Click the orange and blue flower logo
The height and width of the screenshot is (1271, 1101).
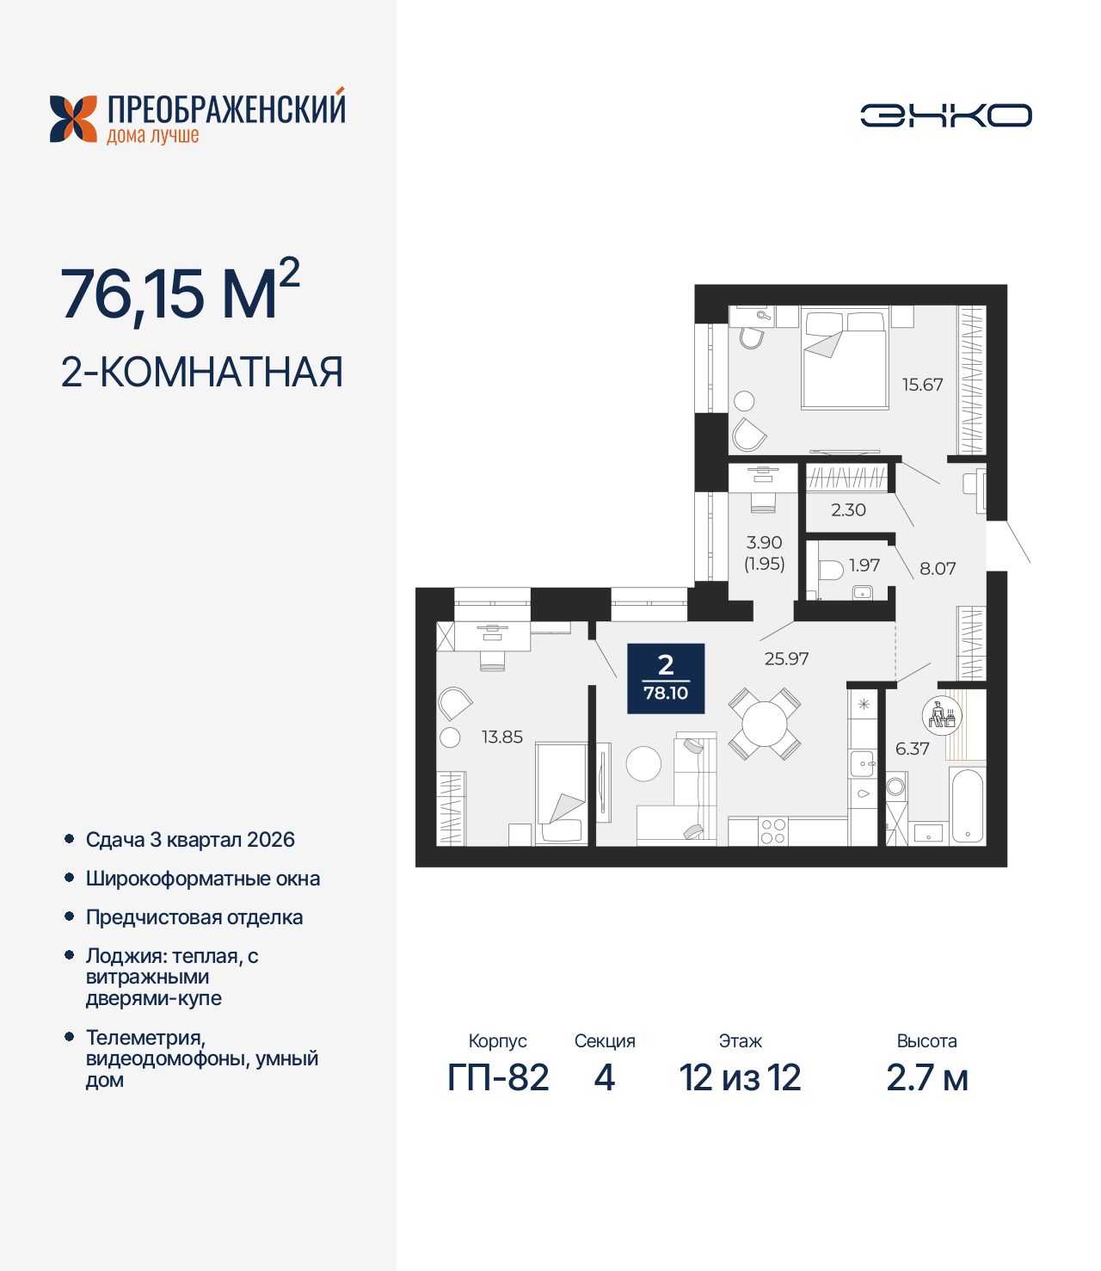(73, 119)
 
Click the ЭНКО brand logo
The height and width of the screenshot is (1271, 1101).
(945, 115)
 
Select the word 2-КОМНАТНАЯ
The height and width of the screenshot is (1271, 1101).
(202, 373)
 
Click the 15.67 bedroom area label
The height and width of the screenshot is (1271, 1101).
(922, 385)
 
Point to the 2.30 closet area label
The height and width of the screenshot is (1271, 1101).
(848, 510)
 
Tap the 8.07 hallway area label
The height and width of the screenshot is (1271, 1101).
(938, 569)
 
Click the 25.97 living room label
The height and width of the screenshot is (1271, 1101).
(786, 659)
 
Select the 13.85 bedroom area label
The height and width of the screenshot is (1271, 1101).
(501, 737)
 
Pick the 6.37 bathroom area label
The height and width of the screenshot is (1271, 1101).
(912, 749)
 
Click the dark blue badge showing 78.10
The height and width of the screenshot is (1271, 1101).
(666, 679)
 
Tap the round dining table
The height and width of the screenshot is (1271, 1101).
(765, 724)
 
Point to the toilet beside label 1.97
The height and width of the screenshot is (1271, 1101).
(831, 570)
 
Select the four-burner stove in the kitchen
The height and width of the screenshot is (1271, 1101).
(772, 831)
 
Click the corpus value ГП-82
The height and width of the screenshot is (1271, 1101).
(498, 1078)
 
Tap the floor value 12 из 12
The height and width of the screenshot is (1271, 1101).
(740, 1078)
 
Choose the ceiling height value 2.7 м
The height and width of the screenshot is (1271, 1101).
(927, 1078)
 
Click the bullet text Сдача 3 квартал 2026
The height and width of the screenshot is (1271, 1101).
(190, 840)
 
